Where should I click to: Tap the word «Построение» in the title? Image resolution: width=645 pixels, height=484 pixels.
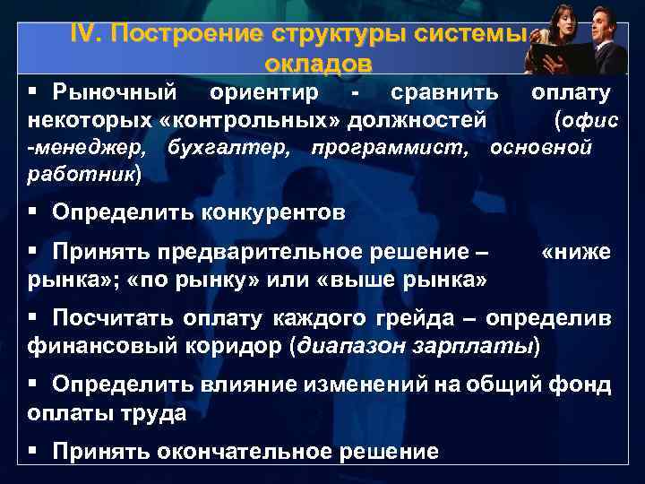184,34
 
